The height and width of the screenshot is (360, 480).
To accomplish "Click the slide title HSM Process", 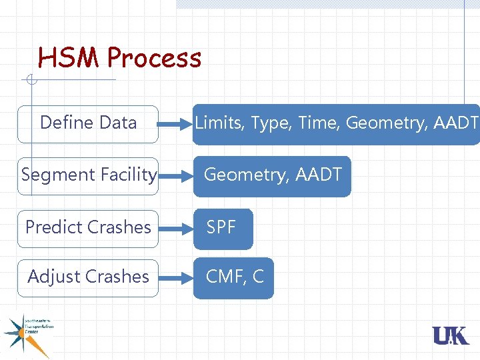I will pyautogui.click(x=119, y=58).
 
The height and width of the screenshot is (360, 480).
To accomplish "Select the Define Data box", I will pyautogui.click(x=88, y=123).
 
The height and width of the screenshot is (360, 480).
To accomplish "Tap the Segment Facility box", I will pyautogui.click(x=88, y=175).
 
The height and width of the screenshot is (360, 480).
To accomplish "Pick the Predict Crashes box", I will pyautogui.click(x=88, y=227).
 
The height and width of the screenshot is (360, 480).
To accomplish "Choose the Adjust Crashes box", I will pyautogui.click(x=88, y=277).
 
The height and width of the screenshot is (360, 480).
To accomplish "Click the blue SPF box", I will pyautogui.click(x=223, y=228).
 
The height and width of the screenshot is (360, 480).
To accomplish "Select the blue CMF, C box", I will pyautogui.click(x=234, y=277).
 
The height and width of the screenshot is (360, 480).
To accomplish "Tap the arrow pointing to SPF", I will pyautogui.click(x=176, y=229).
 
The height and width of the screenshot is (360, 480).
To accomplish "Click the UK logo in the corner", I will pyautogui.click(x=451, y=335).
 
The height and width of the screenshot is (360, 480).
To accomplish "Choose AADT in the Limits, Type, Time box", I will pyautogui.click(x=455, y=123).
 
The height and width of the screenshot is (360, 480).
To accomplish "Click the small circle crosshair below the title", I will pyautogui.click(x=30, y=81).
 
